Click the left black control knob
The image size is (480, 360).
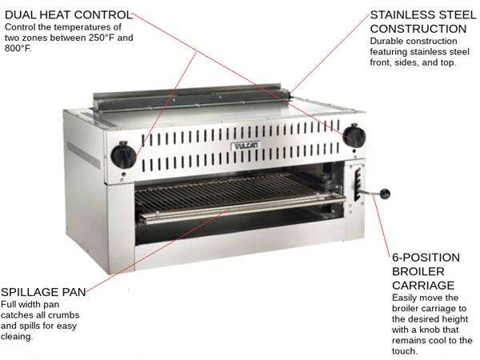124,154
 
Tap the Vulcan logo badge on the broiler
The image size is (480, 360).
243,147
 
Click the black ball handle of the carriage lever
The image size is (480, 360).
386,194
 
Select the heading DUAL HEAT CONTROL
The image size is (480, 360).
67,14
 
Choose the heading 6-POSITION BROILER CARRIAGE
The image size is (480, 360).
426,271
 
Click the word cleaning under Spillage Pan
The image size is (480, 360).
19,337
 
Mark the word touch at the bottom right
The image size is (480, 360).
406,350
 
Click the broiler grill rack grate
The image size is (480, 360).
232,195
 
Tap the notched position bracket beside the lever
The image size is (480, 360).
357,182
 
